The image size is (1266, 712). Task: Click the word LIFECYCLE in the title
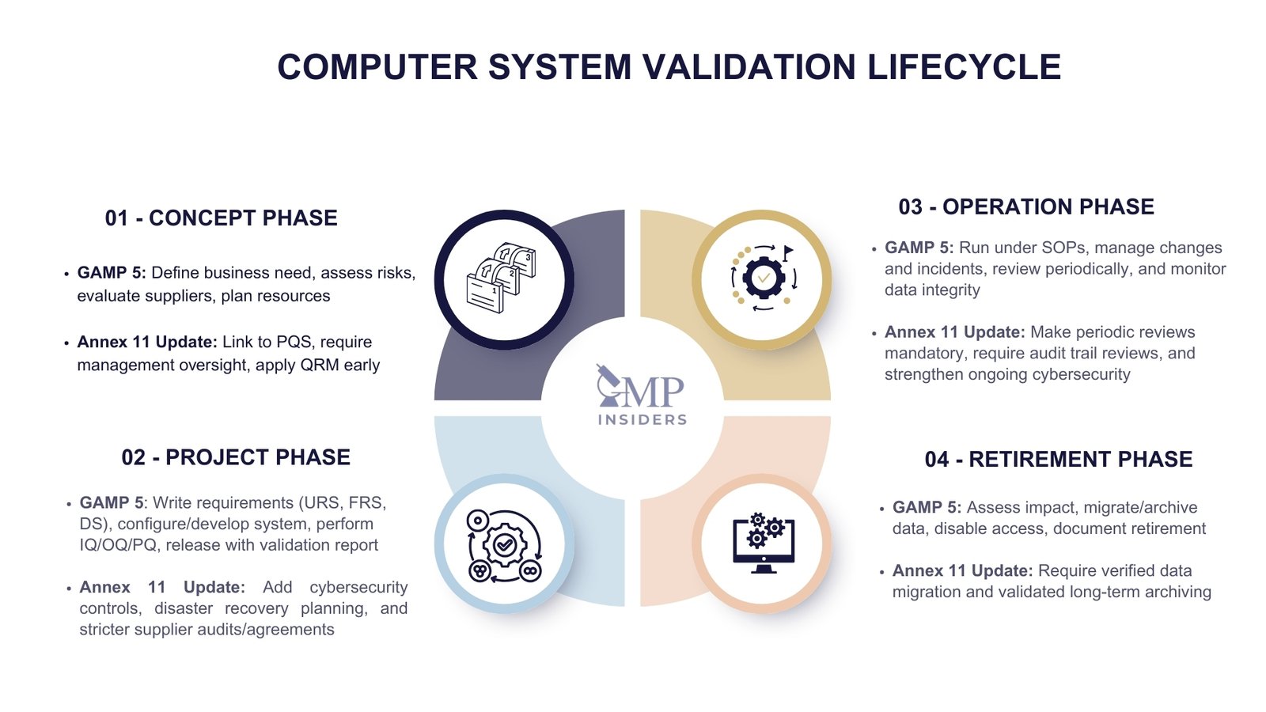(x=964, y=67)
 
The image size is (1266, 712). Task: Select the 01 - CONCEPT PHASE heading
(x=221, y=218)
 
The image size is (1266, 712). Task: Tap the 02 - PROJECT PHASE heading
(x=236, y=457)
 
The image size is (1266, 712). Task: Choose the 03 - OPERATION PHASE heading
(x=1026, y=207)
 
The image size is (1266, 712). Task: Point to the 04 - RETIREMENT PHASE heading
(x=1058, y=460)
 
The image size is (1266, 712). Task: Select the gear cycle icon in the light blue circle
(x=504, y=545)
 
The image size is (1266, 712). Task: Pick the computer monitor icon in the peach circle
(x=763, y=543)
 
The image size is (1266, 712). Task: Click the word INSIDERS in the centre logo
(x=642, y=420)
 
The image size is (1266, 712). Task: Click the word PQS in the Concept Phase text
(x=294, y=343)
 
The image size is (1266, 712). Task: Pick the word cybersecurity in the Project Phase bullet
(x=358, y=588)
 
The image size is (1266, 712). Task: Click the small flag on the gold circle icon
(x=787, y=252)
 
